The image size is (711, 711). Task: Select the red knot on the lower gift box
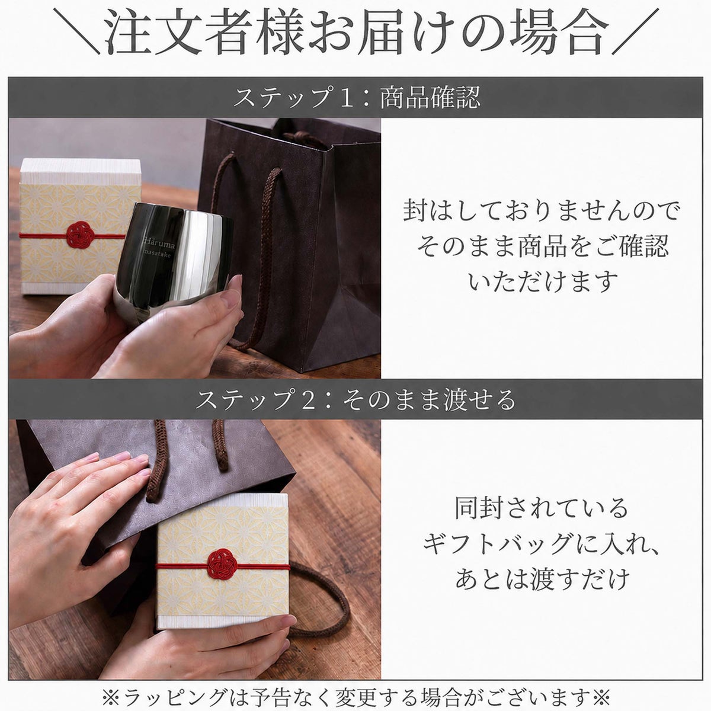tap(220, 566)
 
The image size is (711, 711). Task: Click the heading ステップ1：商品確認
tap(357, 97)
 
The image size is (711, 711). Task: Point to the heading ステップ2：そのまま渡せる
tap(355, 399)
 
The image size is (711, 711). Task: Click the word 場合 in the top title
tap(558, 34)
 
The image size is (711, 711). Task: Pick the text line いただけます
tap(543, 281)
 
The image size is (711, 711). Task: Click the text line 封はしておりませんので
tap(541, 211)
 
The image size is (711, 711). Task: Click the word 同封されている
tap(542, 508)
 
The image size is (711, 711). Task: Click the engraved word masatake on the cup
tap(158, 256)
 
